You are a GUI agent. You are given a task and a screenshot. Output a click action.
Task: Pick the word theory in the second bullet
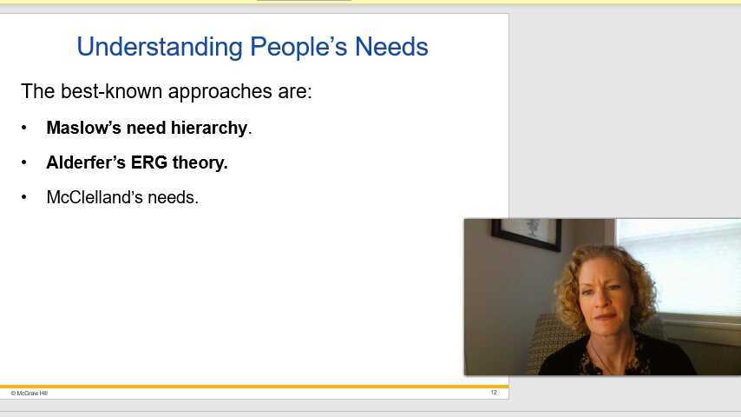click(x=200, y=162)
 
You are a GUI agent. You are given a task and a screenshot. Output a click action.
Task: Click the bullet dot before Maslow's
click(x=24, y=128)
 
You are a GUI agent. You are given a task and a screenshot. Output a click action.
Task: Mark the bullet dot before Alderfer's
click(x=24, y=162)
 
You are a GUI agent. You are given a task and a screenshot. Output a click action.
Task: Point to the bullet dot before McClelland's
click(x=24, y=197)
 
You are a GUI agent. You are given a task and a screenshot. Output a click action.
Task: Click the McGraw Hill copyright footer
click(x=30, y=393)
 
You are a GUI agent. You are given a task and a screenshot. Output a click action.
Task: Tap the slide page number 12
click(x=494, y=393)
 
